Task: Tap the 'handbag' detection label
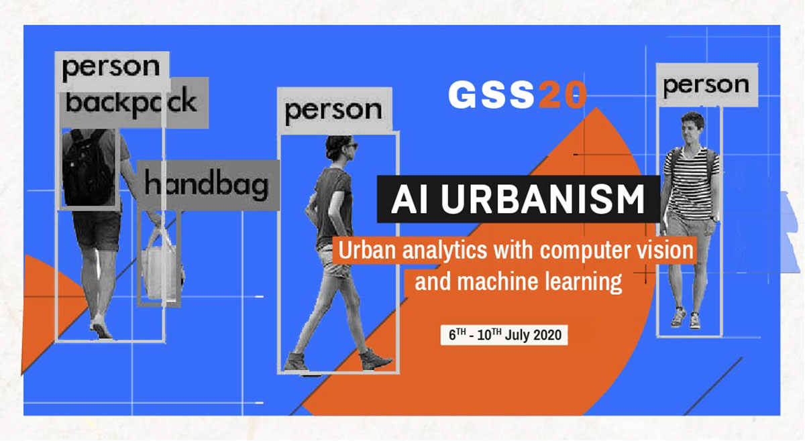pos(207,185)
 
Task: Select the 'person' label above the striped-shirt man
pos(706,85)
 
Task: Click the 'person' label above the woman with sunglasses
pos(333,109)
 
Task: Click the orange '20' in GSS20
pos(562,96)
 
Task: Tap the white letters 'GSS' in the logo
pos(492,96)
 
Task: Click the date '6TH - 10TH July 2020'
pos(504,334)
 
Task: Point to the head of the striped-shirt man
pos(692,129)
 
